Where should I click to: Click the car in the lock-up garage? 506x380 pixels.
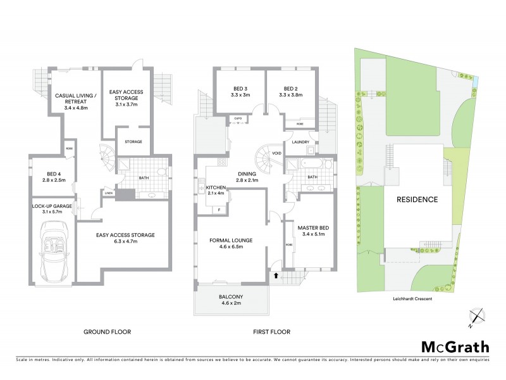tap(54, 253)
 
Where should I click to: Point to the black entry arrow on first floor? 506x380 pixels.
tap(276, 275)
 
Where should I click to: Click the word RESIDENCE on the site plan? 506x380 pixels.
tap(417, 199)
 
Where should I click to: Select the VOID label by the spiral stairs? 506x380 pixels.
tap(276, 153)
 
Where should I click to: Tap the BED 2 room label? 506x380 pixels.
tap(290, 92)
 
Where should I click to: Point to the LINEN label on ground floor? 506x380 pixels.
tap(108, 193)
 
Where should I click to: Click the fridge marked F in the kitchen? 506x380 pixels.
tap(219, 209)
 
